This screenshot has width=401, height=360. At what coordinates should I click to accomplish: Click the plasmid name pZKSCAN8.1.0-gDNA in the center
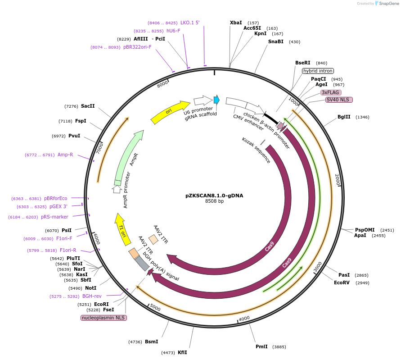click(x=214, y=196)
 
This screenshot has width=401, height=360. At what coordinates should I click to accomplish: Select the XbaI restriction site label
click(x=236, y=23)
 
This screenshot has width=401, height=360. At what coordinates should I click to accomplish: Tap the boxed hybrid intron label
click(x=318, y=71)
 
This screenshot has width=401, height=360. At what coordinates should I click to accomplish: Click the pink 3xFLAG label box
click(x=330, y=92)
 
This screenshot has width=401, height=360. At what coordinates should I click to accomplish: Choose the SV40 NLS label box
click(x=339, y=100)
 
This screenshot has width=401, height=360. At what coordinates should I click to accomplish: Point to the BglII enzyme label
click(x=344, y=117)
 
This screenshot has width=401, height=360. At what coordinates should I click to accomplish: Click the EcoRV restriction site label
click(x=342, y=283)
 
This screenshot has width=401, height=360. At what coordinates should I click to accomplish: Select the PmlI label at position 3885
click(x=261, y=346)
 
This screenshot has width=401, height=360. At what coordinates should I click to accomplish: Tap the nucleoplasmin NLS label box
click(x=104, y=318)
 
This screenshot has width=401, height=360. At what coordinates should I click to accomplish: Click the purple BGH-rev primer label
click(x=92, y=296)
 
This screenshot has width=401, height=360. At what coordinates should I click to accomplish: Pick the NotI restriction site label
click(x=90, y=288)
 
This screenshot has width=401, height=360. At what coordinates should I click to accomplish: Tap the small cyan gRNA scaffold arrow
click(x=216, y=100)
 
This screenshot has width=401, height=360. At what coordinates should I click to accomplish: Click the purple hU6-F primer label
click(x=173, y=31)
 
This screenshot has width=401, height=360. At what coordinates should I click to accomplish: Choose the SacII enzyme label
click(x=88, y=106)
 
